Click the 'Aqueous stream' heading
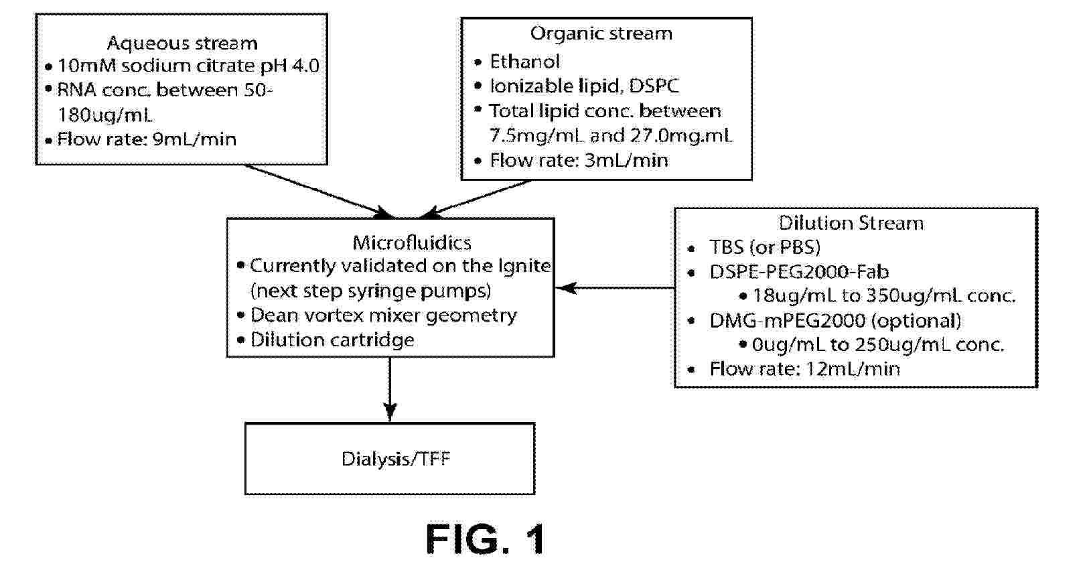point(182,44)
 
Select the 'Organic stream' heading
point(601,33)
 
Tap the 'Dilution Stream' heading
point(851,223)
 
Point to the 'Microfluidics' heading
point(411,242)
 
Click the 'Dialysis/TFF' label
point(395,459)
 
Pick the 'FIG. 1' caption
point(486,539)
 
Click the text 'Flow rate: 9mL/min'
point(147,139)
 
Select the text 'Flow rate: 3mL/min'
point(579,161)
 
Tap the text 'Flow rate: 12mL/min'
point(804,369)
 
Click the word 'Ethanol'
point(524,62)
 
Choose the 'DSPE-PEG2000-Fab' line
point(799,272)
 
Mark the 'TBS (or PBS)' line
point(765,248)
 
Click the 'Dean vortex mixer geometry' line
point(383,315)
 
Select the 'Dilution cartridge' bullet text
point(332,340)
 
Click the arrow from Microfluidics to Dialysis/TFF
point(390,388)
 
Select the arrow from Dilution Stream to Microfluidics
point(615,288)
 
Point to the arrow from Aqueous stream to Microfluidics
point(315,190)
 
